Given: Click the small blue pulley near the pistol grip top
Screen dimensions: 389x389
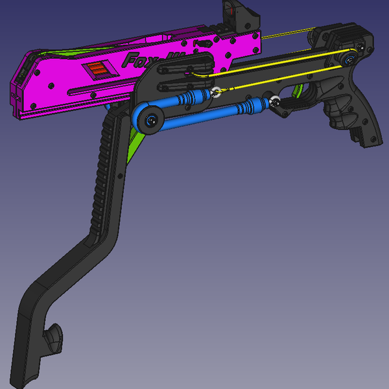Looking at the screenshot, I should (x=351, y=60).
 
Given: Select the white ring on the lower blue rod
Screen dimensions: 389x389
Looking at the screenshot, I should (x=276, y=101).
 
